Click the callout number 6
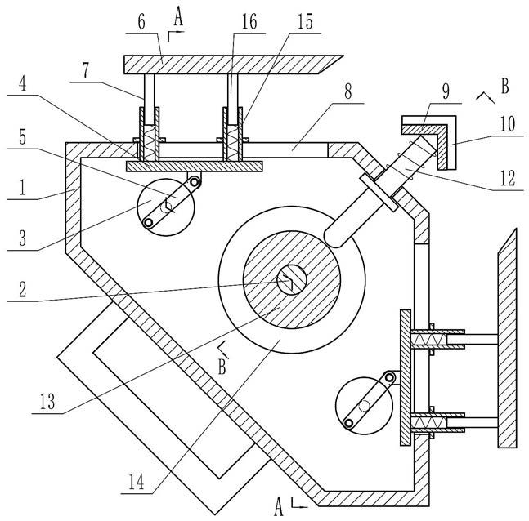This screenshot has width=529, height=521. pos(141,22)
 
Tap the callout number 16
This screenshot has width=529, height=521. pos(249,22)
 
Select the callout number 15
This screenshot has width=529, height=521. pos(305,22)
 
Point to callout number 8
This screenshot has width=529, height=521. pos(347,91)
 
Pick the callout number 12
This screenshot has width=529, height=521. pos(508,178)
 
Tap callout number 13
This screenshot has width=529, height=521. pos(47,401)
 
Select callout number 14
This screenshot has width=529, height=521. pos(137,482)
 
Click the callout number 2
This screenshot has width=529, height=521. pos(22,289)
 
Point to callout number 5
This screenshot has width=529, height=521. pos(22,137)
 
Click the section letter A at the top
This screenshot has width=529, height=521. pos(178,17)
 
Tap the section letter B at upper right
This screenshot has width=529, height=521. pos(504,87)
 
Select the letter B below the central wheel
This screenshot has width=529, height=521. pos(222,367)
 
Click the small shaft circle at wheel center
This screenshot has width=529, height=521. pos(292,280)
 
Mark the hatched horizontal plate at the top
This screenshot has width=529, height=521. pos(233,65)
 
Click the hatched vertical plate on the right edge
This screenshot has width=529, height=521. pos(507,338)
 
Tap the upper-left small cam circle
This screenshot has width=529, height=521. pos(166,207)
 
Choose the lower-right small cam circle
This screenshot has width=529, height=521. pos(365,406)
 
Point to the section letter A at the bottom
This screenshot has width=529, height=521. pos(278,507)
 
